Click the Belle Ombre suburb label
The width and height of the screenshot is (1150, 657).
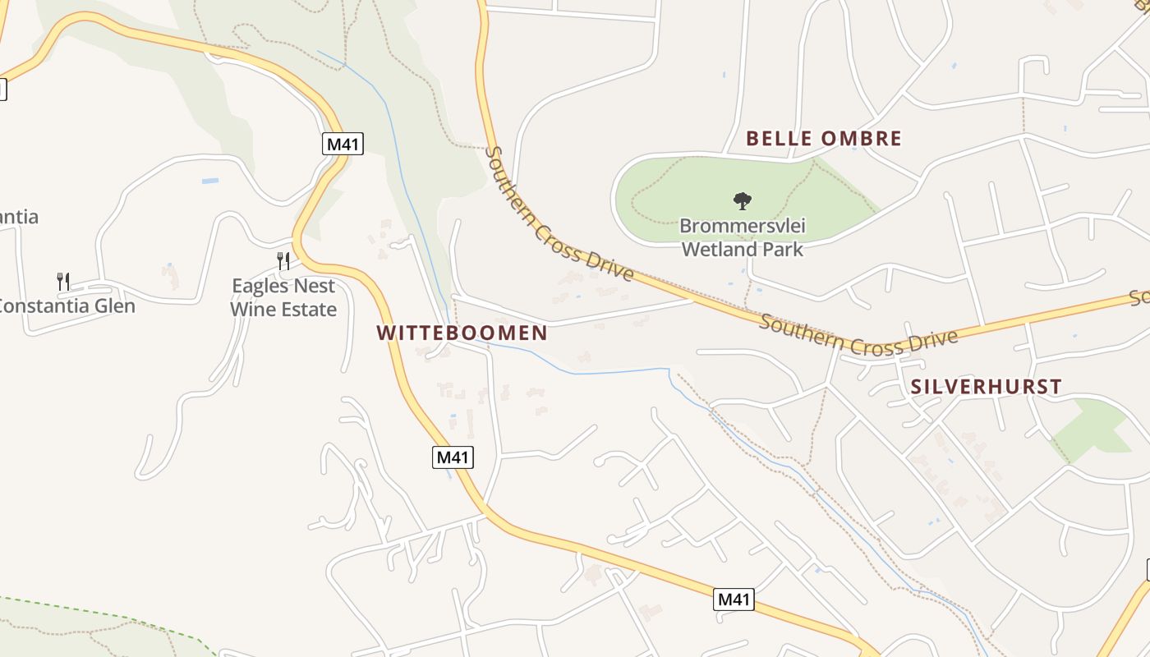pos(823,139)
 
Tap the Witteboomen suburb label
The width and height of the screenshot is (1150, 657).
pos(462,333)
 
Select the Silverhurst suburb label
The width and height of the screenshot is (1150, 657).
pos(986,387)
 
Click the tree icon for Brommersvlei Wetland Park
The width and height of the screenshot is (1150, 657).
pos(742,200)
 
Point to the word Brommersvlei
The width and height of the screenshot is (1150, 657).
pos(743,226)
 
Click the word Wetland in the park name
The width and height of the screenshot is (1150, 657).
pos(717,248)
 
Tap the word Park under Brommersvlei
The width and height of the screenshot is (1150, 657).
pos(782,248)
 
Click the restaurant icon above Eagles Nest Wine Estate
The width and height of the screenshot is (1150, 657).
pos(283,261)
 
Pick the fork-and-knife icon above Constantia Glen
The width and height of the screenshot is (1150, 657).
pos(63,281)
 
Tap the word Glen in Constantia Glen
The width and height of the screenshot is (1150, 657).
pos(113,306)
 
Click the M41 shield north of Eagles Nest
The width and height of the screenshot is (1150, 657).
pos(343,145)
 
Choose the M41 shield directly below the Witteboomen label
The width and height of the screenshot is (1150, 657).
pos(453,457)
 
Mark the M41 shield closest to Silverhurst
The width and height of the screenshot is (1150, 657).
pos(734,600)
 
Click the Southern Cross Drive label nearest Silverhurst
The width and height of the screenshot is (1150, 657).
pos(858,335)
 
